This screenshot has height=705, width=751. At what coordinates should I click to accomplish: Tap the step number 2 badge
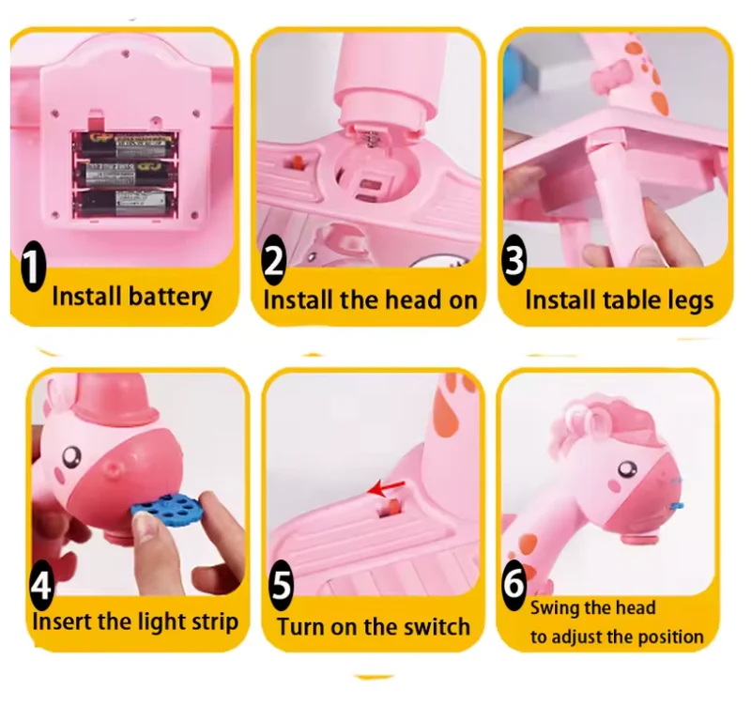[274, 260]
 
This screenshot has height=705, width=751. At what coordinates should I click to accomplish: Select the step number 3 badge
[513, 261]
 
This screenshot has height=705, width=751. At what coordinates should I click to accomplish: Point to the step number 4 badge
[41, 585]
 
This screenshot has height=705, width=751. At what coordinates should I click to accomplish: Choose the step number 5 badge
[281, 585]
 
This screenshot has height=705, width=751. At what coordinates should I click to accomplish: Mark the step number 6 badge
[513, 584]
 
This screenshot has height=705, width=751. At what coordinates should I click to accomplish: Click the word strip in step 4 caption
[215, 622]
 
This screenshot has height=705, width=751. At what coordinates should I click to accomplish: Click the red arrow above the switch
[386, 489]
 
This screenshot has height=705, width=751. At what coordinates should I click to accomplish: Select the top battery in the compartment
[126, 146]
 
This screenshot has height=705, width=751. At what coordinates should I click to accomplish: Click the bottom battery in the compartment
[126, 203]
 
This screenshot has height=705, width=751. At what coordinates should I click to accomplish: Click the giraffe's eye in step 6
[626, 468]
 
